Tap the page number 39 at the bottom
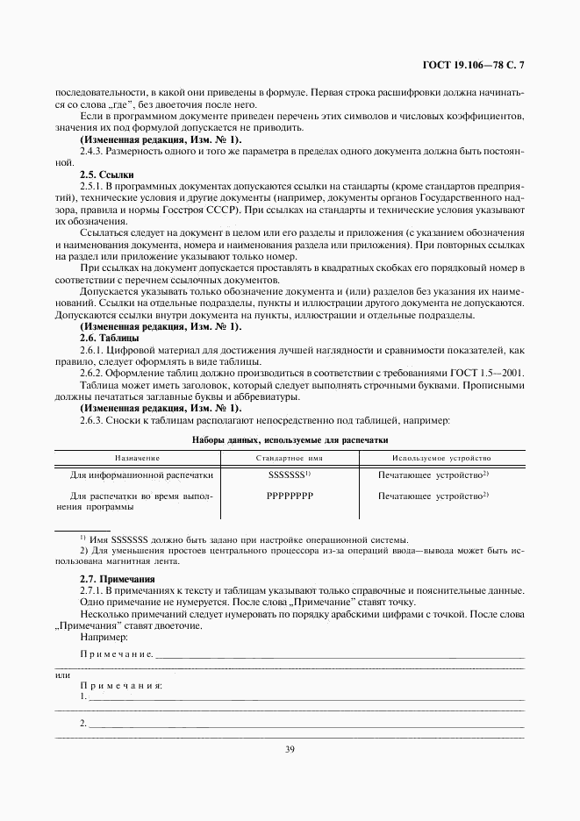pyautogui.click(x=290, y=748)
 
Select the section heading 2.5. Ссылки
pyautogui.click(x=103, y=175)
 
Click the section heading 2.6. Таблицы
pyautogui.click(x=105, y=338)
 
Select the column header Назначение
pyautogui.click(x=136, y=458)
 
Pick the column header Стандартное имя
pyautogui.click(x=290, y=458)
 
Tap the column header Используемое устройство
pyautogui.click(x=441, y=458)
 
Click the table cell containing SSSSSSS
pyautogui.click(x=288, y=475)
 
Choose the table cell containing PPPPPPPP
pyautogui.click(x=290, y=496)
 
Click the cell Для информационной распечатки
pyautogui.click(x=142, y=475)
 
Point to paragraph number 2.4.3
pyautogui.click(x=93, y=152)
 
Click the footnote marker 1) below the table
pyautogui.click(x=82, y=539)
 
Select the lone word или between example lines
pyautogui.click(x=62, y=675)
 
